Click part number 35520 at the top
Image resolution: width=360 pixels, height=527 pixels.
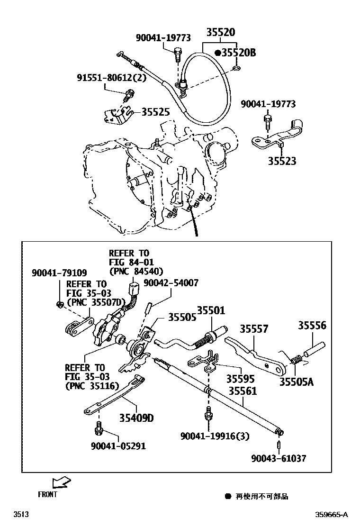tap(220, 33)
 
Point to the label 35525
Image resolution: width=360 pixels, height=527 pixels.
tap(155, 112)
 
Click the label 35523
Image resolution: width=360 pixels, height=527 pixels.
tap(281, 161)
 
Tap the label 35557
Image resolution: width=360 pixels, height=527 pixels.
tap(254, 329)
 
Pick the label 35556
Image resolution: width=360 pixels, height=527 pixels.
tap(312, 326)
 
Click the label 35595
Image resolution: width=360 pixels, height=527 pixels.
tap(240, 379)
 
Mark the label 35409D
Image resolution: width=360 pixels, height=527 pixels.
tap(136, 418)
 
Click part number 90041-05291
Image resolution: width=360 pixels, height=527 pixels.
tap(118, 446)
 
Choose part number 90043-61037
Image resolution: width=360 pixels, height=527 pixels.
tap(279, 458)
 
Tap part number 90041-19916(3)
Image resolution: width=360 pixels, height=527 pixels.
tap(215, 436)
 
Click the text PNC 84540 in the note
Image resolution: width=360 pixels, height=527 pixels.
tap(136, 271)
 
